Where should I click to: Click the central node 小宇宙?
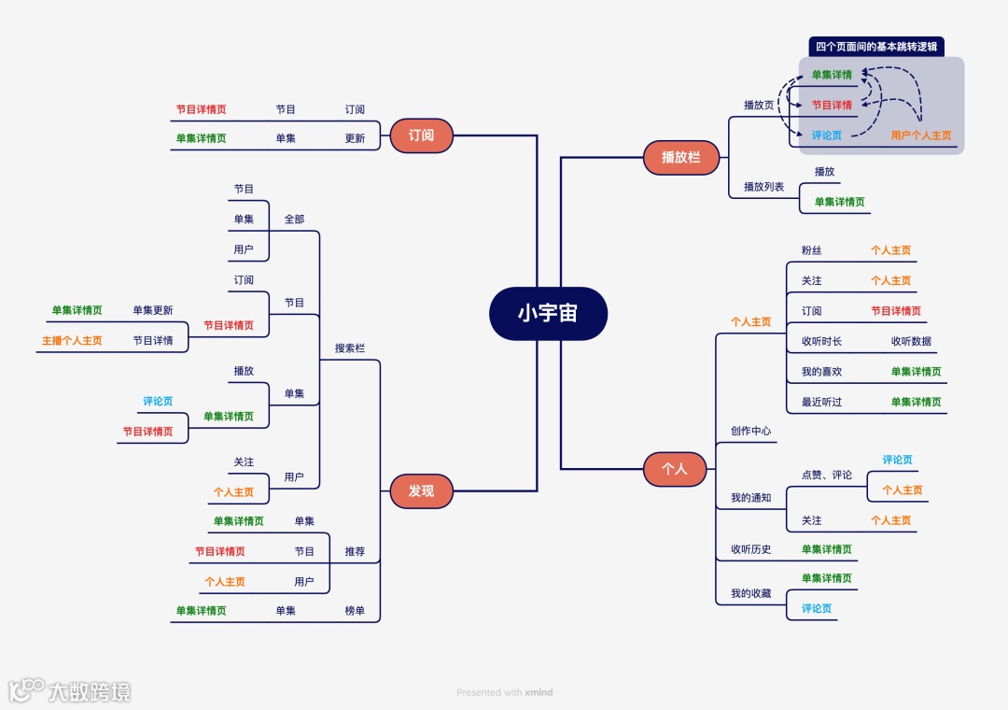548,314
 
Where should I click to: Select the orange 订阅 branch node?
421,135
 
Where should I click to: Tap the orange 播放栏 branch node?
680,157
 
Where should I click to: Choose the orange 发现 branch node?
421,490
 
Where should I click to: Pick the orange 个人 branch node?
674,469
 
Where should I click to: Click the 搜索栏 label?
350,348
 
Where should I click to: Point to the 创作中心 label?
750,432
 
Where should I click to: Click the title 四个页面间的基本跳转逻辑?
875,47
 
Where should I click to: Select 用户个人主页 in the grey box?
921,135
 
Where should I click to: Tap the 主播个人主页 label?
72,341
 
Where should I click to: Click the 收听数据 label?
911,341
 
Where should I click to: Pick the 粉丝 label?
811,250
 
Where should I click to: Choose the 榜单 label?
355,611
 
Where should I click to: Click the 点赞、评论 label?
826,475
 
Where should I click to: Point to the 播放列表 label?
763,187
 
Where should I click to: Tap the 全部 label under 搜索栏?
294,220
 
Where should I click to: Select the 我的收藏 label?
750,593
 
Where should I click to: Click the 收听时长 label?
821,341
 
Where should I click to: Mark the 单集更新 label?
152,310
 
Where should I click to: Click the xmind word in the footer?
539,692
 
